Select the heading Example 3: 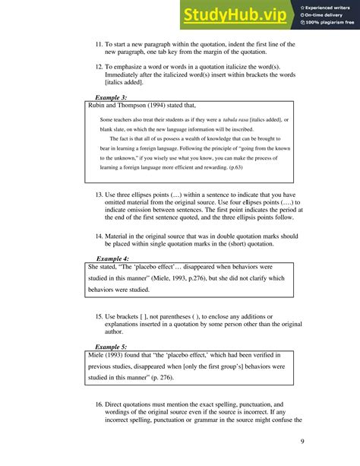point(111,98)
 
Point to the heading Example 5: point(111,346)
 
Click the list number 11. point(99,45)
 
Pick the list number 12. point(99,67)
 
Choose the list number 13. point(99,195)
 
